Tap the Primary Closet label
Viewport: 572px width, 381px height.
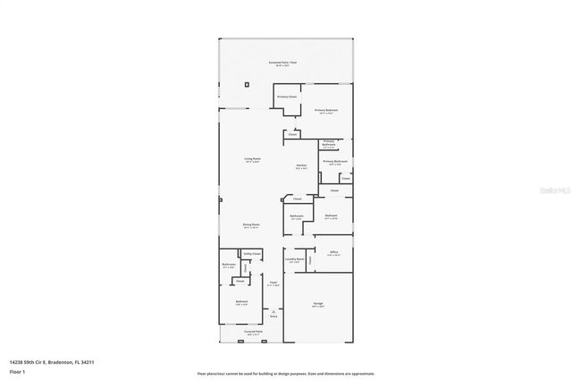(286, 96)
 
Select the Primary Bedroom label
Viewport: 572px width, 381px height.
(325, 112)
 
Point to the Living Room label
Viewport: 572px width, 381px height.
(252, 160)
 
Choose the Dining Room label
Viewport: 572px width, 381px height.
(251, 224)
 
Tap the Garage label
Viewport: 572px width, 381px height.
(318, 305)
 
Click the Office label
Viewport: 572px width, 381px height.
(332, 252)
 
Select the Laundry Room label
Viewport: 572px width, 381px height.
(295, 259)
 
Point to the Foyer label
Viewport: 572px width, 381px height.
(273, 283)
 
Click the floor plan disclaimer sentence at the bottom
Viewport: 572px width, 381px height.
(286, 372)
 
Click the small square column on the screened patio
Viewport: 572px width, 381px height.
(248, 81)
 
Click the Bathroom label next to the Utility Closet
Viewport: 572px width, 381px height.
(229, 264)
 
